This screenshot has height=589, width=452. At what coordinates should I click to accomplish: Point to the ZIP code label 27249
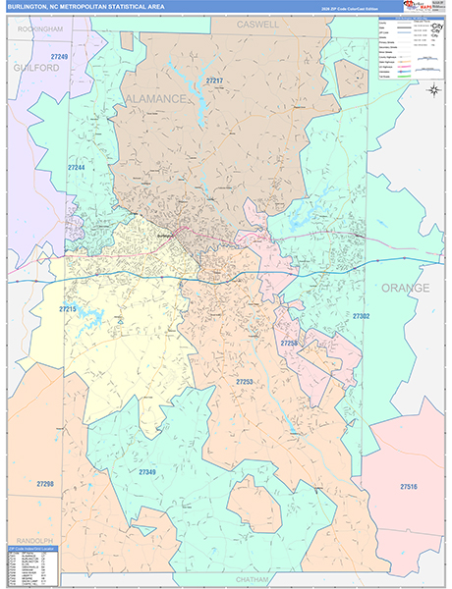coord(59,58)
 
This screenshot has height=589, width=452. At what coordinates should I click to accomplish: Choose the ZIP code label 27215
coord(68,309)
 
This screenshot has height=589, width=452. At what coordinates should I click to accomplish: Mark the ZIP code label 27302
coord(362,316)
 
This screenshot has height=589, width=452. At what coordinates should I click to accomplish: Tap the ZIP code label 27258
coord(289,343)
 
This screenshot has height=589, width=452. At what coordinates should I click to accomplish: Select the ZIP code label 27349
coord(147,472)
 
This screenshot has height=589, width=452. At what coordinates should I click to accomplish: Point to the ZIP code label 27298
coord(45,484)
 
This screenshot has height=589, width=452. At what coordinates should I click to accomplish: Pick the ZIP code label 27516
coord(409,487)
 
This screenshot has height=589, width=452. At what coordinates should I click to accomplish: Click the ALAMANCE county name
coord(153,99)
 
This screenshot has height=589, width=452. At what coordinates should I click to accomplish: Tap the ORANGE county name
coord(405,288)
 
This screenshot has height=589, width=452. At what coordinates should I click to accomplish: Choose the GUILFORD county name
coord(36,68)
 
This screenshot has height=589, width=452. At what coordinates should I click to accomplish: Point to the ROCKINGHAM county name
coord(39,29)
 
